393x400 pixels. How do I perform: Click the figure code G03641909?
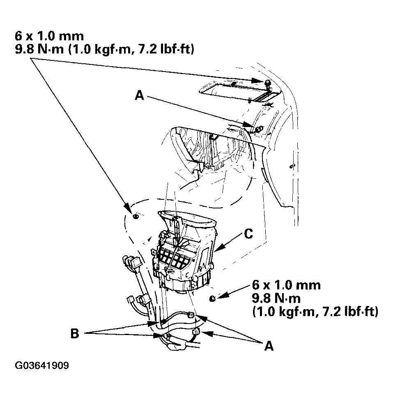tap(42, 365)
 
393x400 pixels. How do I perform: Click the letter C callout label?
tap(248, 234)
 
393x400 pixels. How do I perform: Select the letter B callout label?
tap(75, 333)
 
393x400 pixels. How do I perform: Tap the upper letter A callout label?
tap(139, 96)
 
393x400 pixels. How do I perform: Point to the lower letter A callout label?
tap(269, 346)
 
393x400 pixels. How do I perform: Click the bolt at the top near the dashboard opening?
tap(267, 83)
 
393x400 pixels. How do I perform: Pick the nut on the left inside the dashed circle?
tap(136, 217)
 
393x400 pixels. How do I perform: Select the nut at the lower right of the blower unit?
tap(212, 298)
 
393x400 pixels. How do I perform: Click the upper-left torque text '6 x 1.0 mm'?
tap(49, 36)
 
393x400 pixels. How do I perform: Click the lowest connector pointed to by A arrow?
tap(195, 332)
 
